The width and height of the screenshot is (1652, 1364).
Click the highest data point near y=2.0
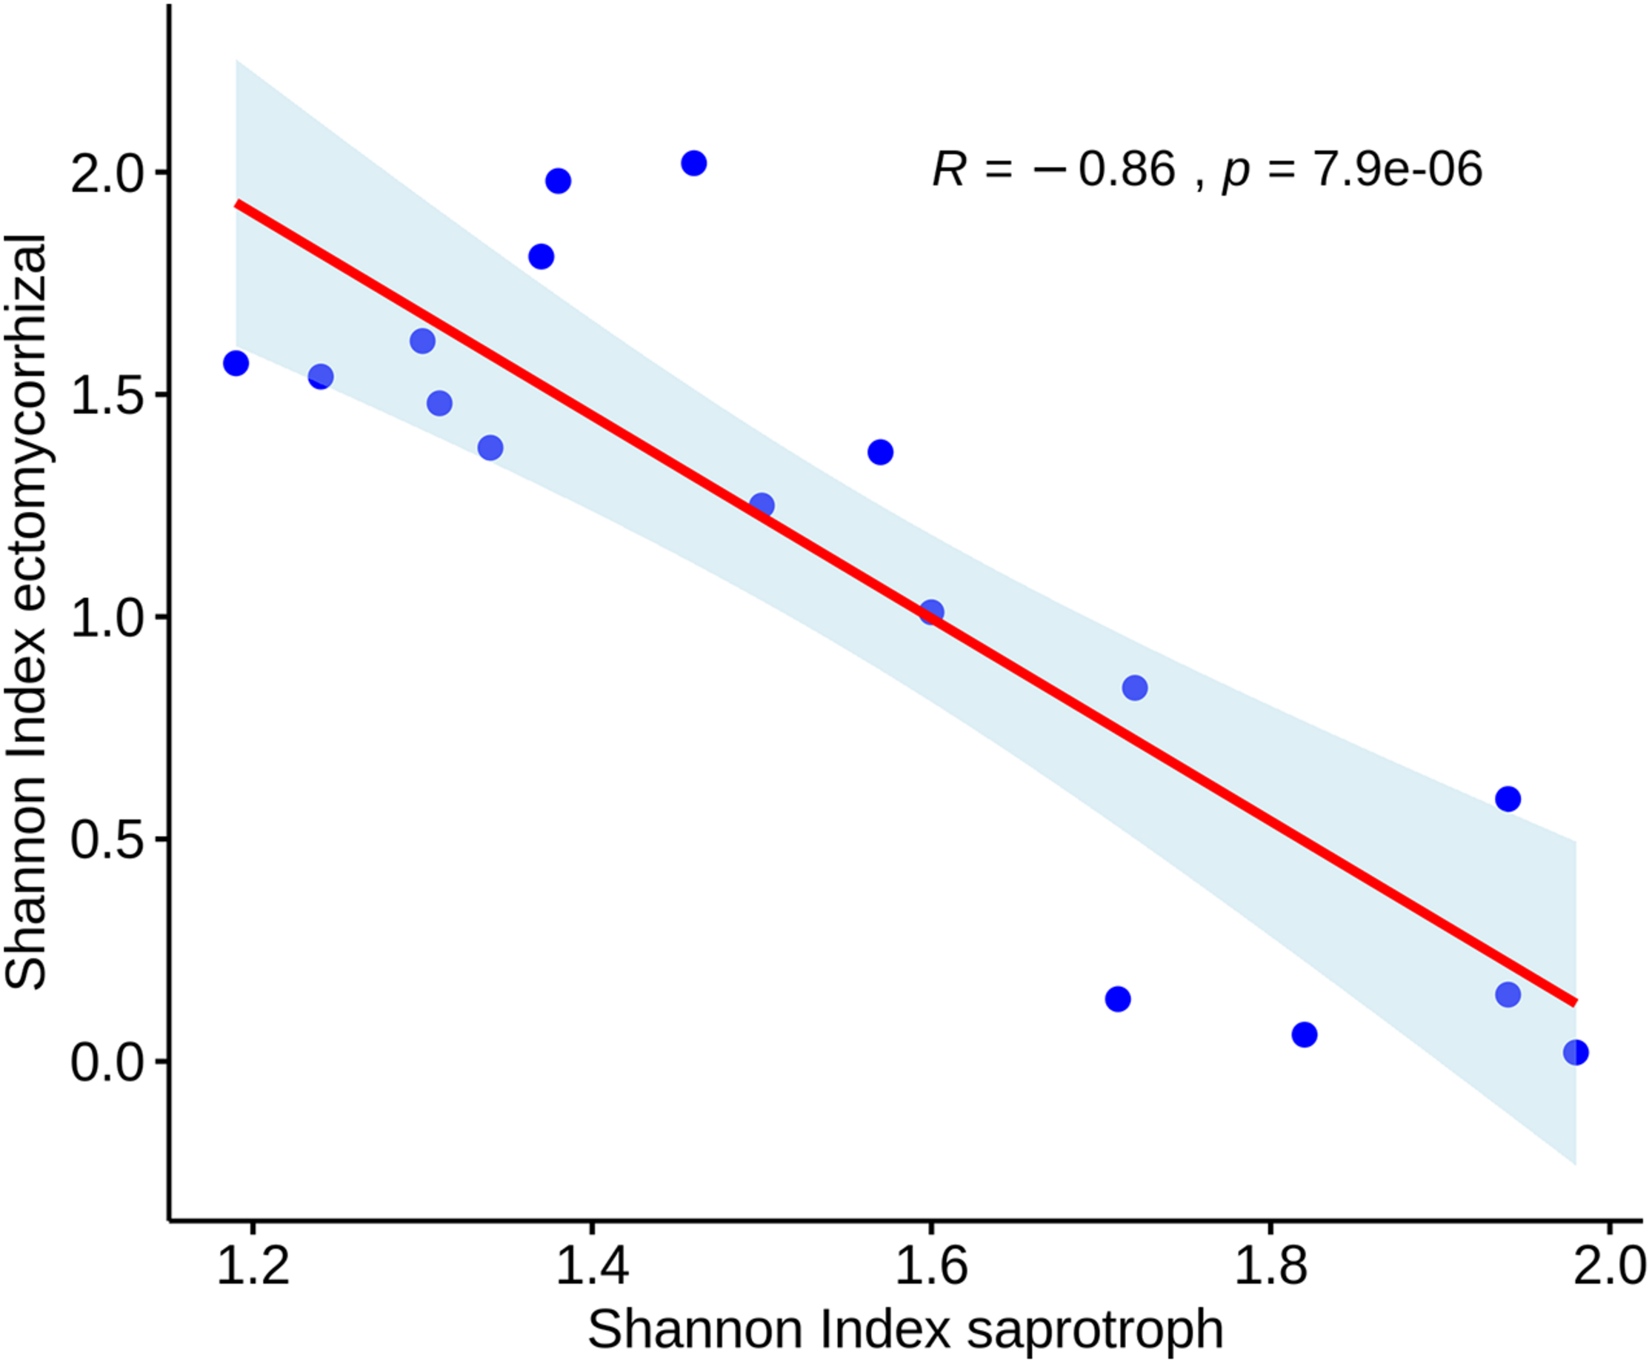coord(693,164)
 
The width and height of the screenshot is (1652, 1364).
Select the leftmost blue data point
coord(236,363)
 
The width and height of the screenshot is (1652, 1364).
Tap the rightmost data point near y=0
coord(1575,1052)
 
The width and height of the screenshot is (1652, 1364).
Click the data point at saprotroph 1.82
coord(1304,1035)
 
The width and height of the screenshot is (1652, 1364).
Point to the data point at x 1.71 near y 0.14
coord(1117,999)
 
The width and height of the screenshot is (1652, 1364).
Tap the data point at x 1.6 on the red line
coord(932,612)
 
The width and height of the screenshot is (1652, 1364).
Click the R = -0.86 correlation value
coord(1053,169)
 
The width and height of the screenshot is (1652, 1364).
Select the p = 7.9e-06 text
coord(1351,169)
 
